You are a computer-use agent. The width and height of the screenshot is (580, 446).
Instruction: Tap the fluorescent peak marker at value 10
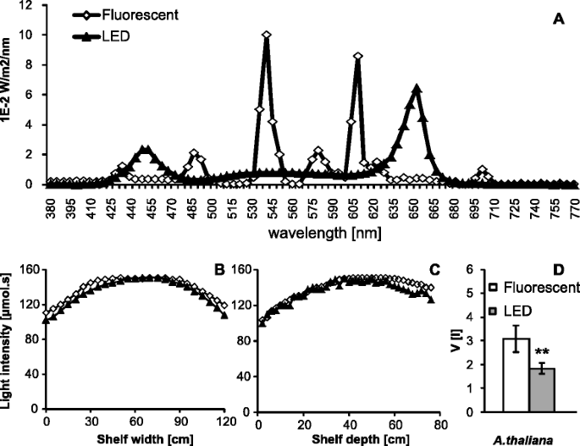pos(267,36)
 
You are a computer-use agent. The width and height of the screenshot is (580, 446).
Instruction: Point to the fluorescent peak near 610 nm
pos(357,56)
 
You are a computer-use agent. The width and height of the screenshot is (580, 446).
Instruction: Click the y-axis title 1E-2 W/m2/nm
pos(9,93)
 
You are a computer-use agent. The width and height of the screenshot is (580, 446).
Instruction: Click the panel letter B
pos(218,272)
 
